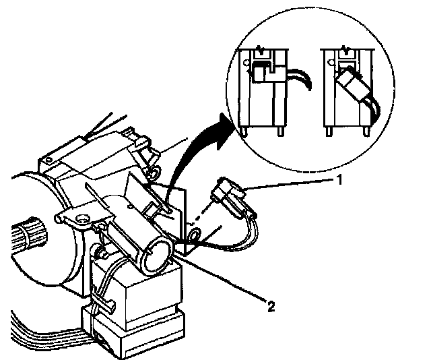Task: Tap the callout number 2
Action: coord(271,307)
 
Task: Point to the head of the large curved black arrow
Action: coord(228,125)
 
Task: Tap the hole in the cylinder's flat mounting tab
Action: coord(81,218)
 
